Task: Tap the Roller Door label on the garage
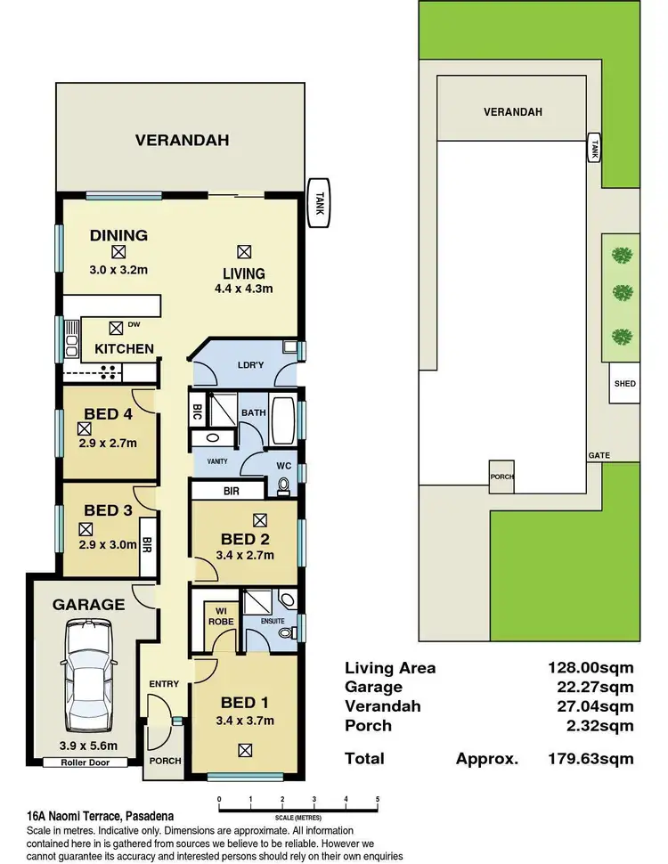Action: [x=85, y=762]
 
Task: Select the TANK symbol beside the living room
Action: [x=319, y=203]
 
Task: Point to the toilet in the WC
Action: [x=284, y=486]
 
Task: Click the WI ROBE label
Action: [x=221, y=616]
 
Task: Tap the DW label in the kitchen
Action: [x=134, y=324]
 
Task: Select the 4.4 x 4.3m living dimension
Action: [x=244, y=289]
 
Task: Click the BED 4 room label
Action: [x=108, y=414]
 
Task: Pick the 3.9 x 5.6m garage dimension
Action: [x=88, y=746]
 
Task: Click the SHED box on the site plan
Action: [x=624, y=383]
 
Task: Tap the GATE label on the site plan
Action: [x=599, y=455]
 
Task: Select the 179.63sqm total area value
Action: [x=591, y=759]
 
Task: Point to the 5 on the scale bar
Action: [x=378, y=800]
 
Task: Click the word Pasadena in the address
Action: [x=150, y=817]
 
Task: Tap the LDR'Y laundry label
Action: [x=251, y=365]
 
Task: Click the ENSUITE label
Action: [x=273, y=621]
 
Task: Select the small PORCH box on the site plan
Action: [x=501, y=477]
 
